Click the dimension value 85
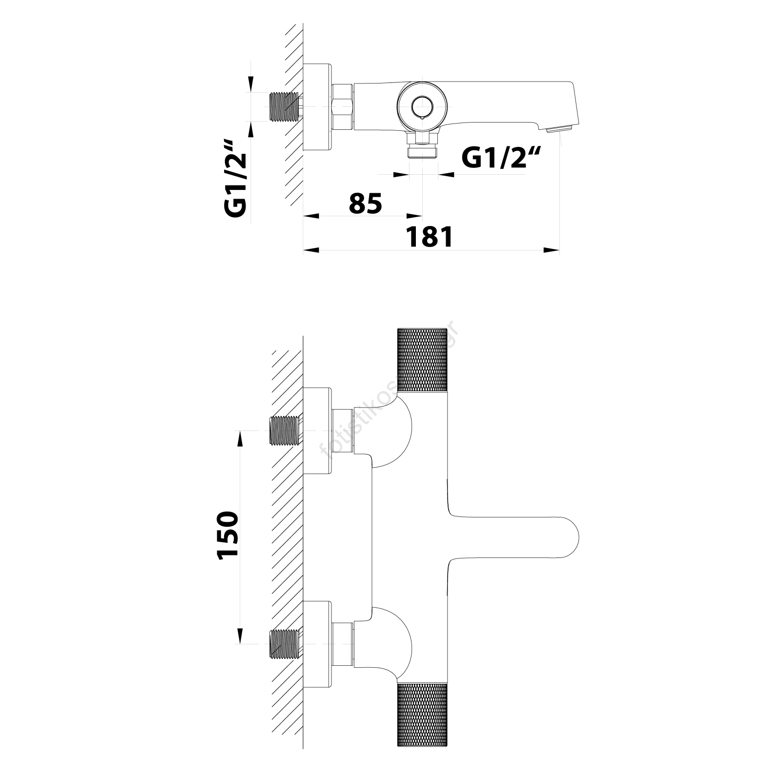tap(365, 204)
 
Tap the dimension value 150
tap(228, 535)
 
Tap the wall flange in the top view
tap(317, 106)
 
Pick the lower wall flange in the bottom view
tap(317, 644)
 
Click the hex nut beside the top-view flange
tap(342, 106)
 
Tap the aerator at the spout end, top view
tap(559, 129)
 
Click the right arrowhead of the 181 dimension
tap(552, 250)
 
